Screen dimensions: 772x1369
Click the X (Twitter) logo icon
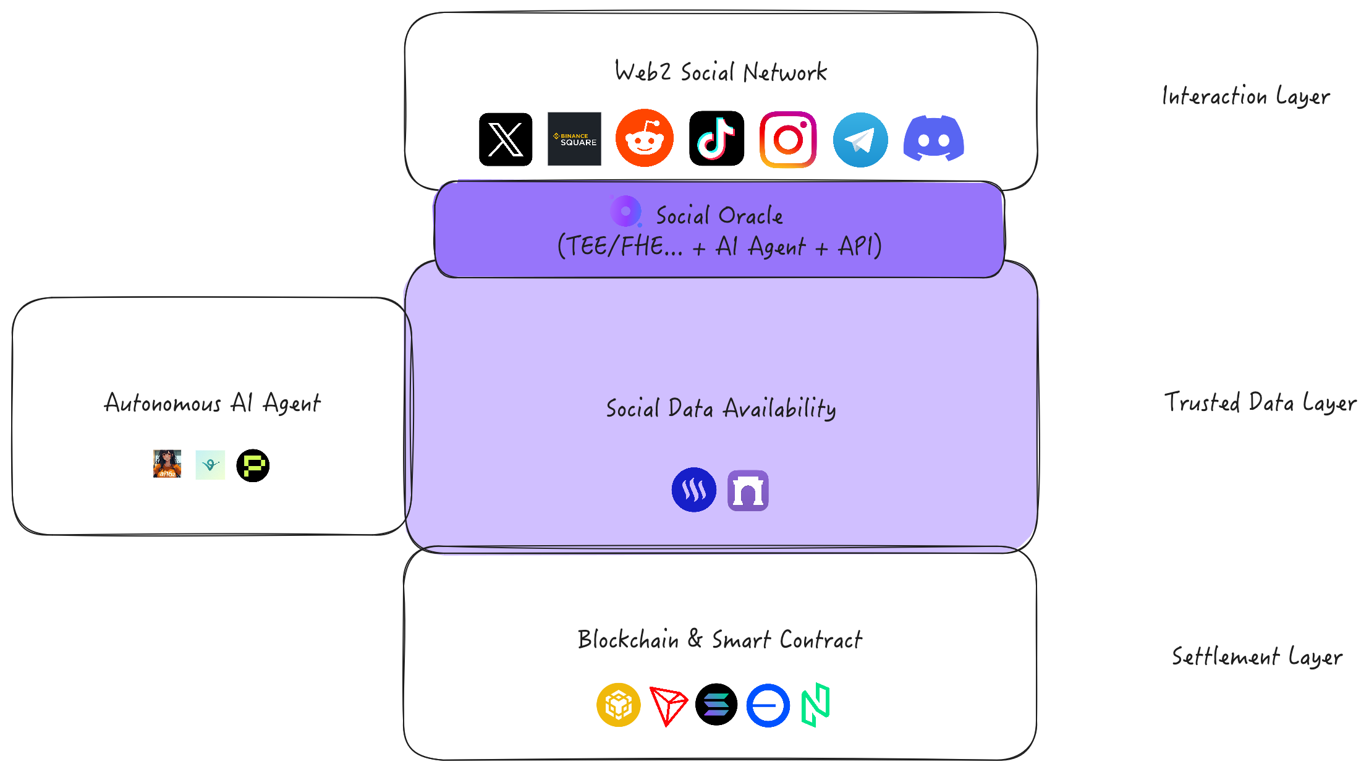pyautogui.click(x=506, y=139)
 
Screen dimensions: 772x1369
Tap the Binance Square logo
pyautogui.click(x=574, y=139)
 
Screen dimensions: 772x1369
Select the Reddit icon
pyautogui.click(x=644, y=138)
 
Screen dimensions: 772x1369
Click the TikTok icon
pyautogui.click(x=716, y=138)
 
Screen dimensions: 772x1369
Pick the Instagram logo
pyautogui.click(x=788, y=139)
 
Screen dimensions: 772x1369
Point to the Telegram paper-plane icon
pyautogui.click(x=860, y=140)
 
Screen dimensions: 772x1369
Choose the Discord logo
pyautogui.click(x=933, y=138)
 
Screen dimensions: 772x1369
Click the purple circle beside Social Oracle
pyautogui.click(x=625, y=211)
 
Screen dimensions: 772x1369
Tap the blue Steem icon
pyautogui.click(x=693, y=490)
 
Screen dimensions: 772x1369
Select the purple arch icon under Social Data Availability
pyautogui.click(x=748, y=491)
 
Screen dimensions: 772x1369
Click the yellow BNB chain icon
pyautogui.click(x=618, y=705)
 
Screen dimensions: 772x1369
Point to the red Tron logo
pyautogui.click(x=668, y=705)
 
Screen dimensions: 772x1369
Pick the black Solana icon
pyautogui.click(x=716, y=705)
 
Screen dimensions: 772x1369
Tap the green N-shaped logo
pyautogui.click(x=815, y=705)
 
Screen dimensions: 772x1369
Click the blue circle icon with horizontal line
pyautogui.click(x=768, y=705)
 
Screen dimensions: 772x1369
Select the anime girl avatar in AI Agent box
pyautogui.click(x=167, y=464)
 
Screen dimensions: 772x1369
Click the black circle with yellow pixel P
pyautogui.click(x=253, y=465)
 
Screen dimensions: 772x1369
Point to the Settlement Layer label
pyautogui.click(x=1257, y=656)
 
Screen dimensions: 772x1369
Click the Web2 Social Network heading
pyautogui.click(x=721, y=72)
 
